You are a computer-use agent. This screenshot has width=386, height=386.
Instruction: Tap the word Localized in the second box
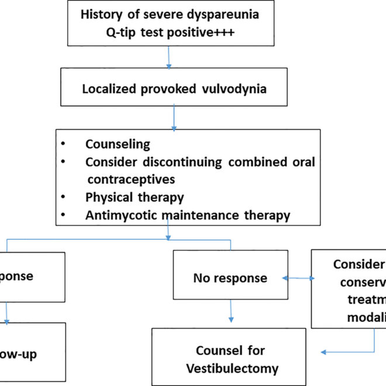[111, 89]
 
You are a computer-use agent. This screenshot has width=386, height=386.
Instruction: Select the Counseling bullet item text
[118, 144]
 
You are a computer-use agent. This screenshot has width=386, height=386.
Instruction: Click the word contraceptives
[132, 178]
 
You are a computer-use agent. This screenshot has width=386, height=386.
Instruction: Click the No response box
[229, 277]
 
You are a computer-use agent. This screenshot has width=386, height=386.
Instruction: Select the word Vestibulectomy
[230, 369]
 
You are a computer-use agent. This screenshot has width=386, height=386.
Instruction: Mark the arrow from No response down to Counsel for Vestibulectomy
[232, 312]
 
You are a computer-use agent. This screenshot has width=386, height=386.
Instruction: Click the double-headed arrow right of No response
[298, 278]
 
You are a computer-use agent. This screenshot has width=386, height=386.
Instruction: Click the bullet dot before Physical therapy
[62, 197]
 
